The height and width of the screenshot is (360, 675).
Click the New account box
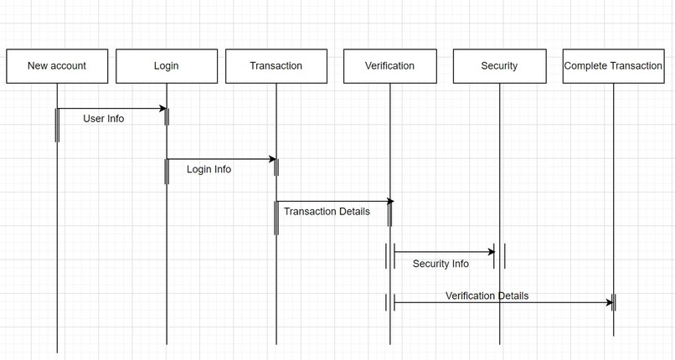point(57,66)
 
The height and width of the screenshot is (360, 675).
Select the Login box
point(167,66)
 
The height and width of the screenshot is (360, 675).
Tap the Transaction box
point(276,66)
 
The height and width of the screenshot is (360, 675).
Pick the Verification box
point(389,66)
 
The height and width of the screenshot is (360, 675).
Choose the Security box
point(499,66)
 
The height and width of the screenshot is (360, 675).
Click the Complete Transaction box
point(613,66)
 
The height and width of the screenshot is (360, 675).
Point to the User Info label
point(104,119)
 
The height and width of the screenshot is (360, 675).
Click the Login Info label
point(209,169)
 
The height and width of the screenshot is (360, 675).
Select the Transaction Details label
point(327,211)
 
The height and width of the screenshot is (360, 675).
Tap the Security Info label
point(441,264)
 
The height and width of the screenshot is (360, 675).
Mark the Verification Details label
point(487,296)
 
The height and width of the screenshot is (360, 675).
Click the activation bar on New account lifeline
point(57,126)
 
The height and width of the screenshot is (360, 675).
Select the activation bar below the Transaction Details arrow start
point(276,218)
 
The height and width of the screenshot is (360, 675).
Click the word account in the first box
point(69,66)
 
